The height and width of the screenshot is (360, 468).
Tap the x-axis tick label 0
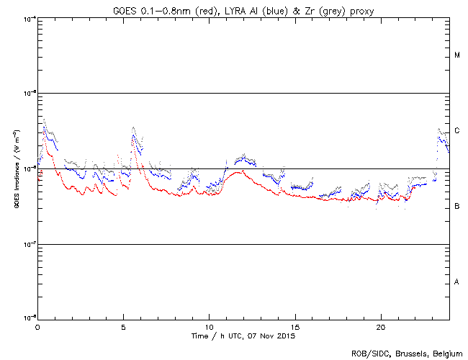pyautogui.click(x=37, y=326)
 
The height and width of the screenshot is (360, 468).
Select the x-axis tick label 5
pyautogui.click(x=123, y=326)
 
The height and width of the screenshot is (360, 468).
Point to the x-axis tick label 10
pyautogui.click(x=209, y=326)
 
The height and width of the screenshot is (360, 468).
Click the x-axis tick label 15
pyautogui.click(x=294, y=326)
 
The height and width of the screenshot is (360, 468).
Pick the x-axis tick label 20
pyautogui.click(x=380, y=326)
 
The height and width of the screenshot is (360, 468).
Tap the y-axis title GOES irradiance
pyautogui.click(x=16, y=169)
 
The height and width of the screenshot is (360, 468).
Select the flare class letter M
pyautogui.click(x=457, y=55)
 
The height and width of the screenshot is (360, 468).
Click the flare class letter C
pyautogui.click(x=457, y=131)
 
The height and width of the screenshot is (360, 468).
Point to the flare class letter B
pyautogui.click(x=457, y=207)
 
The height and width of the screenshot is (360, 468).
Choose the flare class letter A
pyautogui.click(x=457, y=282)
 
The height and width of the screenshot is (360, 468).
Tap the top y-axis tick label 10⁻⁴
pyautogui.click(x=30, y=17)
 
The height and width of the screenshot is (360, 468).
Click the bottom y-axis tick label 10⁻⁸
pyautogui.click(x=30, y=318)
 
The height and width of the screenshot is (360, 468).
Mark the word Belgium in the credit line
pyautogui.click(x=446, y=354)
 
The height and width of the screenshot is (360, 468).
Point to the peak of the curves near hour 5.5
pyautogui.click(x=133, y=128)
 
